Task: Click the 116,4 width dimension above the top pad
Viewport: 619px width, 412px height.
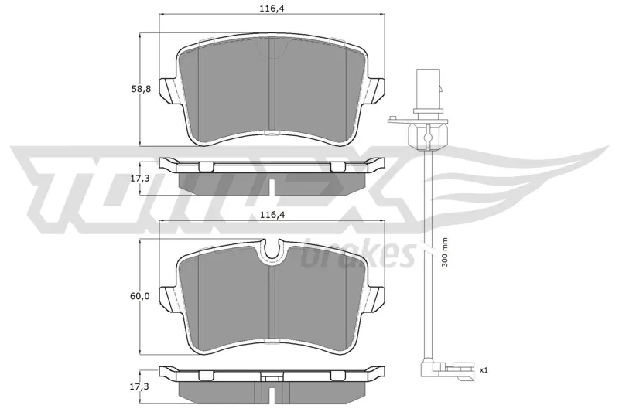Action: point(272,9)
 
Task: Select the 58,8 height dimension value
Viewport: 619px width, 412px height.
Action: point(141,90)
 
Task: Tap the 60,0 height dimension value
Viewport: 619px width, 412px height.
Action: point(140,296)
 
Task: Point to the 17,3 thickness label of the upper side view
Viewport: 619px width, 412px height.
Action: point(140,179)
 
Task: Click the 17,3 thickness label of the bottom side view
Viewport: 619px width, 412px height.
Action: point(140,386)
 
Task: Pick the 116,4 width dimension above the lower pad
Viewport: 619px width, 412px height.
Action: point(272,215)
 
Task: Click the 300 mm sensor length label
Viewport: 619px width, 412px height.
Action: point(445,253)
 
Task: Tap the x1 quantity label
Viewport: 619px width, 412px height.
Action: point(484,370)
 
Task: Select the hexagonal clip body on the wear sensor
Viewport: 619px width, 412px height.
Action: point(428,135)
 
